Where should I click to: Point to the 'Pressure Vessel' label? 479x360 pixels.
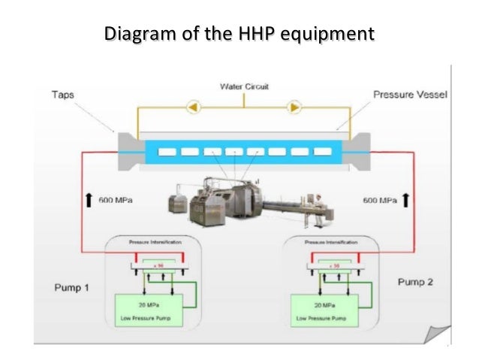tap(410, 95)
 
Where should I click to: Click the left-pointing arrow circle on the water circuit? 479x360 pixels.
tap(192, 107)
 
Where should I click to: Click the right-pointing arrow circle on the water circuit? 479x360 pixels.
tap(295, 107)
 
